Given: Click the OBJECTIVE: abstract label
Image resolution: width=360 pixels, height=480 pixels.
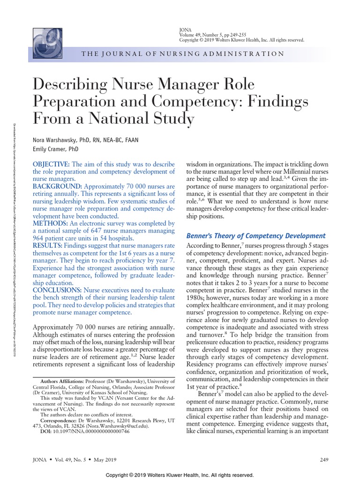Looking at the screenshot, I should [51, 164].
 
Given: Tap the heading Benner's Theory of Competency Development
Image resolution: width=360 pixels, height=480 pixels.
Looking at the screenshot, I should [256, 235].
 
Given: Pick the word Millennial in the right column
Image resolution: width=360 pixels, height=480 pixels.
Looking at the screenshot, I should [289, 172].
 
